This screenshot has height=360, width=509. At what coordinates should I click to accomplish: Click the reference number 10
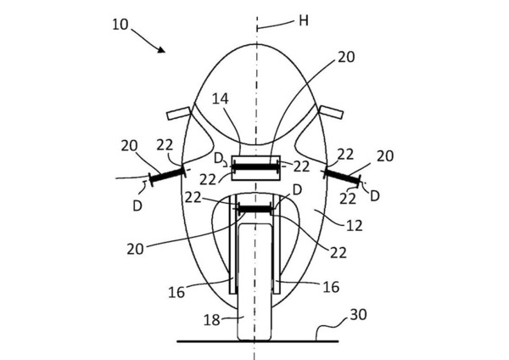(120, 25)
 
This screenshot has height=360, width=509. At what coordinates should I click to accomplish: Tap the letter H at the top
(304, 20)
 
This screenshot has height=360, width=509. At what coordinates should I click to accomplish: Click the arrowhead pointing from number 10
(161, 49)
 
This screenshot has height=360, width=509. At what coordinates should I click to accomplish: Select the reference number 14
(221, 98)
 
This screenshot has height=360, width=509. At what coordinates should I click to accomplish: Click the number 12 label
(354, 225)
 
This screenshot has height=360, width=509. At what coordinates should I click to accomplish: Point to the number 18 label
(212, 320)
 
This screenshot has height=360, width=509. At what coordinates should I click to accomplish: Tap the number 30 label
(358, 314)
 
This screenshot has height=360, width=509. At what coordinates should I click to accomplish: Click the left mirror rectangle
(178, 113)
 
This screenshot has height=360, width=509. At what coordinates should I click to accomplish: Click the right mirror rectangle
(332, 111)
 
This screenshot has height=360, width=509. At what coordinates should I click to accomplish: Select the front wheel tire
(255, 281)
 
